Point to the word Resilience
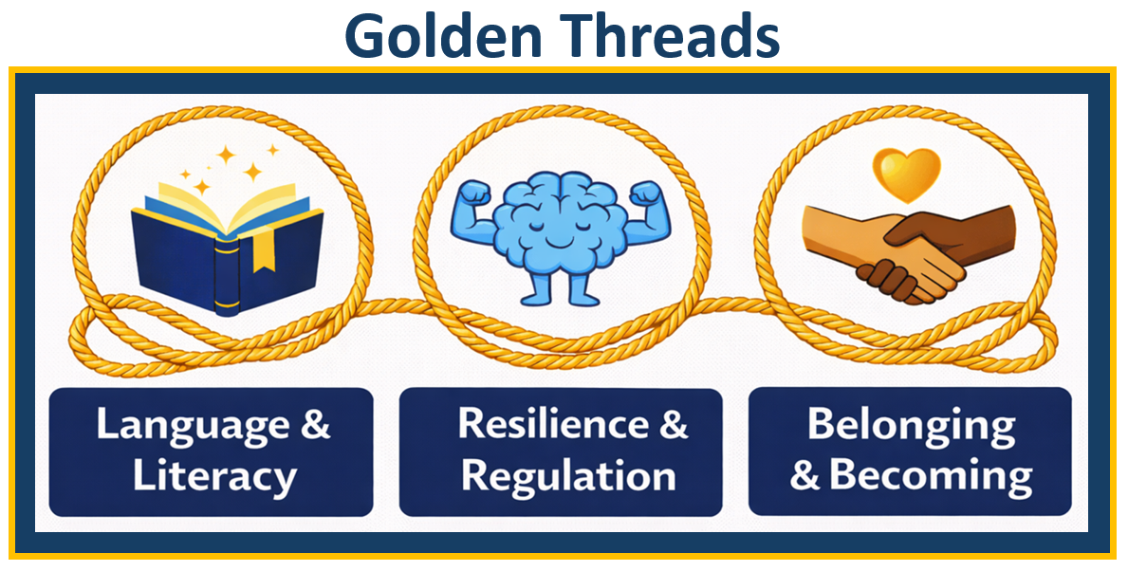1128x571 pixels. click(x=545, y=423)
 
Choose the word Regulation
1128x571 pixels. click(x=568, y=475)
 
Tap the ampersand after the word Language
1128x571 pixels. click(x=314, y=424)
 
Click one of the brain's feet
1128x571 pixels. click(x=537, y=291)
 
